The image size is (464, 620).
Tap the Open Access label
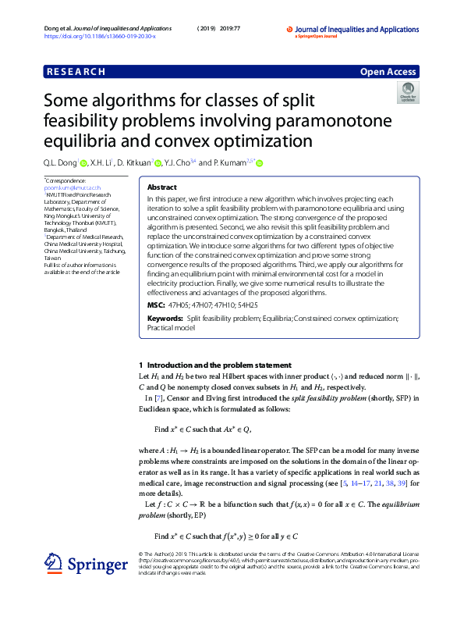coord(388,72)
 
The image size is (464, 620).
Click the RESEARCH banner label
coord(76,72)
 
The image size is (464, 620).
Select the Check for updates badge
coord(408,94)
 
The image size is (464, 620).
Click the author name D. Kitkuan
coord(133,163)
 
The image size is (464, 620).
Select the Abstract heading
coord(161,188)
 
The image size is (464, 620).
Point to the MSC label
coord(156,305)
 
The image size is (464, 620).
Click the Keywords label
coord(165,319)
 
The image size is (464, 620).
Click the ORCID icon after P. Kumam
coord(260,163)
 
